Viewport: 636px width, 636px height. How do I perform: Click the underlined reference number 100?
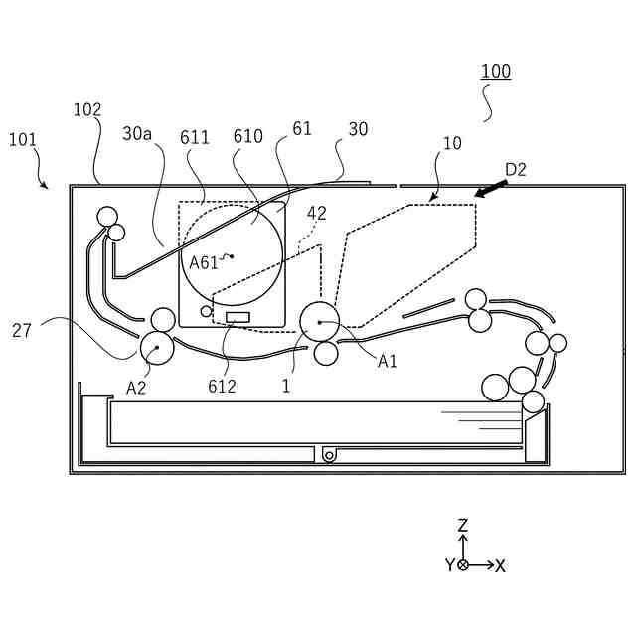[x=496, y=72]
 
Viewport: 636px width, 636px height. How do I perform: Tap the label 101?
[x=23, y=140]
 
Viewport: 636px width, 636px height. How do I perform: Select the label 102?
[x=87, y=110]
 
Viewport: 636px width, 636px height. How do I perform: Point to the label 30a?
[x=137, y=133]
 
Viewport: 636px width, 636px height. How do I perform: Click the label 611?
[x=195, y=137]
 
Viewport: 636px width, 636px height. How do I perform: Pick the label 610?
[x=247, y=137]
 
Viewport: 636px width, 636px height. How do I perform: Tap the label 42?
[x=316, y=213]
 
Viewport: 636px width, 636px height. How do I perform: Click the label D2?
[x=515, y=169]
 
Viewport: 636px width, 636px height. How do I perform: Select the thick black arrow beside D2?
[x=491, y=188]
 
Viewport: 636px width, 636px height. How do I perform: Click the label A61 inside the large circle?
[x=204, y=262]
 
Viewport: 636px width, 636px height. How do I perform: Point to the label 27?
[x=22, y=330]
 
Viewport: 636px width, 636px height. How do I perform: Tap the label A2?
[x=136, y=388]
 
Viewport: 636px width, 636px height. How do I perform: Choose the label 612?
[x=223, y=386]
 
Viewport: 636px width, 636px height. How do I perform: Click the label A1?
[x=388, y=362]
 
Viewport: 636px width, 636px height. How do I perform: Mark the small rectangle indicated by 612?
[x=238, y=317]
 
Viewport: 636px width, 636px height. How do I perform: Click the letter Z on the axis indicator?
[x=463, y=525]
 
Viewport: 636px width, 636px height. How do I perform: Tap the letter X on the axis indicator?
[x=500, y=565]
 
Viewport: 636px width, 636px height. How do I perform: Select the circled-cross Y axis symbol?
[x=463, y=564]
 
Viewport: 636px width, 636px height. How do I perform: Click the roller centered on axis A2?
[x=157, y=348]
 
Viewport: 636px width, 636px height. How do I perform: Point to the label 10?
[x=452, y=144]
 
